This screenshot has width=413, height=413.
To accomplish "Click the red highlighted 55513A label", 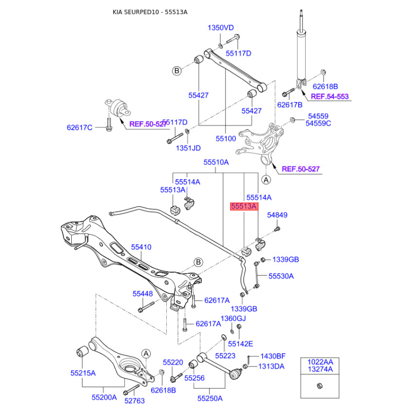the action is pyautogui.click(x=244, y=206).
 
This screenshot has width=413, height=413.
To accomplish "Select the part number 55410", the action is pyautogui.click(x=141, y=247).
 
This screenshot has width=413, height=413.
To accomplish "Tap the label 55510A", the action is pyautogui.click(x=216, y=162).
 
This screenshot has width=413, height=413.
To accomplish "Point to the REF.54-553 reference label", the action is pyautogui.click(x=329, y=97).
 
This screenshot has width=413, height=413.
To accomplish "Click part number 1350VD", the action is pyautogui.click(x=221, y=28).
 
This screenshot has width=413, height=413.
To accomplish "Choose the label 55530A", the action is pyautogui.click(x=281, y=276).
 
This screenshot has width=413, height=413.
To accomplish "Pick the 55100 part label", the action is pyautogui.click(x=226, y=138).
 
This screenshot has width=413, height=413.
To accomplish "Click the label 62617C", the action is pyautogui.click(x=80, y=128).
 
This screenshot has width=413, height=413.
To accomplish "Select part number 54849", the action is pyautogui.click(x=277, y=215).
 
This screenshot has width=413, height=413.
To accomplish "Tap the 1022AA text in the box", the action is pyautogui.click(x=320, y=362).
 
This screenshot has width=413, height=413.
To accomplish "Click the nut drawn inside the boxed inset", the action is pyautogui.click(x=320, y=386).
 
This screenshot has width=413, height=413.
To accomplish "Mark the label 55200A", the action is pyautogui.click(x=104, y=397).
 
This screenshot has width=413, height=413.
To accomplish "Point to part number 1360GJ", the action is pyautogui.click(x=233, y=319).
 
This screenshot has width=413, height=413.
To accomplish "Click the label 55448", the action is pyautogui.click(x=142, y=294).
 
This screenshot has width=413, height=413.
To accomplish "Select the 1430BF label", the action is pyautogui.click(x=273, y=356).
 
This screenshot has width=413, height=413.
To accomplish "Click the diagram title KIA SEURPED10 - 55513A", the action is pyautogui.click(x=150, y=12).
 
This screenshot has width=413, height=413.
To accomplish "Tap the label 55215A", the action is pyautogui.click(x=83, y=373).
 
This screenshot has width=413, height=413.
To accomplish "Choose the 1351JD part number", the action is pyautogui.click(x=188, y=148).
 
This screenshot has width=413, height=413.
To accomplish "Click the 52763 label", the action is pyautogui.click(x=134, y=401).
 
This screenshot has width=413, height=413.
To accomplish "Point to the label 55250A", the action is pyautogui.click(x=210, y=398).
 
